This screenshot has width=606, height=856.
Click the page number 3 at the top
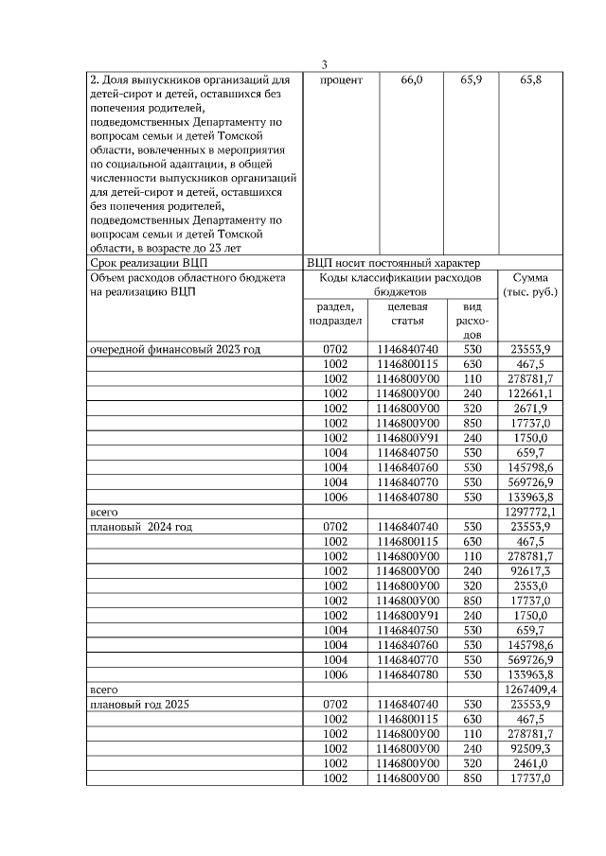(324, 65)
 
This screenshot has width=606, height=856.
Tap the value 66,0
(412, 81)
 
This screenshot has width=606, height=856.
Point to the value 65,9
(471, 81)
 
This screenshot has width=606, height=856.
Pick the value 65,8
(531, 81)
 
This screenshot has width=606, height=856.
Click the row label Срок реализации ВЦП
(148, 262)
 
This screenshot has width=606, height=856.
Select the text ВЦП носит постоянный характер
(393, 262)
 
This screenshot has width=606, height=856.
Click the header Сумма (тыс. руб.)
(531, 286)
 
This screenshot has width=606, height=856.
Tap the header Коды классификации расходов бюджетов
(401, 286)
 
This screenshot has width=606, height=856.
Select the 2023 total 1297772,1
(531, 512)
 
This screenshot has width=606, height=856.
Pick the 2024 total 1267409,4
(531, 689)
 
